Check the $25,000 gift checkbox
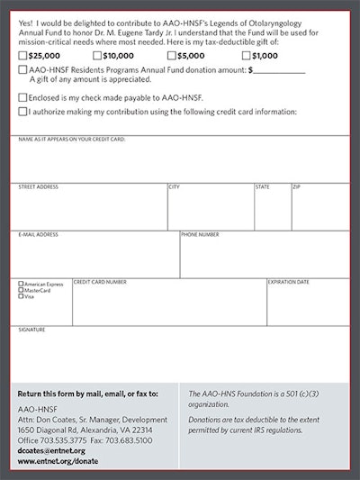(x=22, y=56)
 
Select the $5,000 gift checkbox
(x=172, y=56)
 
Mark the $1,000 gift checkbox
(x=246, y=56)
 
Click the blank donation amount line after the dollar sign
(x=280, y=69)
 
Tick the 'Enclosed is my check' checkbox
(x=22, y=97)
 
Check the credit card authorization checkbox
(x=22, y=112)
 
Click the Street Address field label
(x=39, y=187)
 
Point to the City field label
(x=174, y=187)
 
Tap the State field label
(x=262, y=187)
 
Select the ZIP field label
(x=296, y=187)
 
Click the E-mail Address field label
(x=39, y=235)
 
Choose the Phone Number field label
(x=200, y=235)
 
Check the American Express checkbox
(x=21, y=285)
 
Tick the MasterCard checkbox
(x=21, y=291)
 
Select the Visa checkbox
(x=21, y=297)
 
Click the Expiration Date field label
(x=289, y=282)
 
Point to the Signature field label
(x=31, y=330)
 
